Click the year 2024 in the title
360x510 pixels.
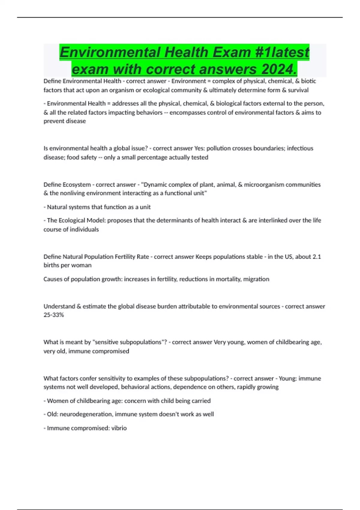coord(279,69)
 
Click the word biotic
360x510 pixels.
coord(308,81)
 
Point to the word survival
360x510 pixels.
coord(298,90)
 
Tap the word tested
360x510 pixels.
coord(200,157)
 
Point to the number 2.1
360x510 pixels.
coord(317,256)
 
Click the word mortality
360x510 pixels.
coord(225,279)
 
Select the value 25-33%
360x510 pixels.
coord(54,315)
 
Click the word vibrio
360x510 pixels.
coord(119,428)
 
